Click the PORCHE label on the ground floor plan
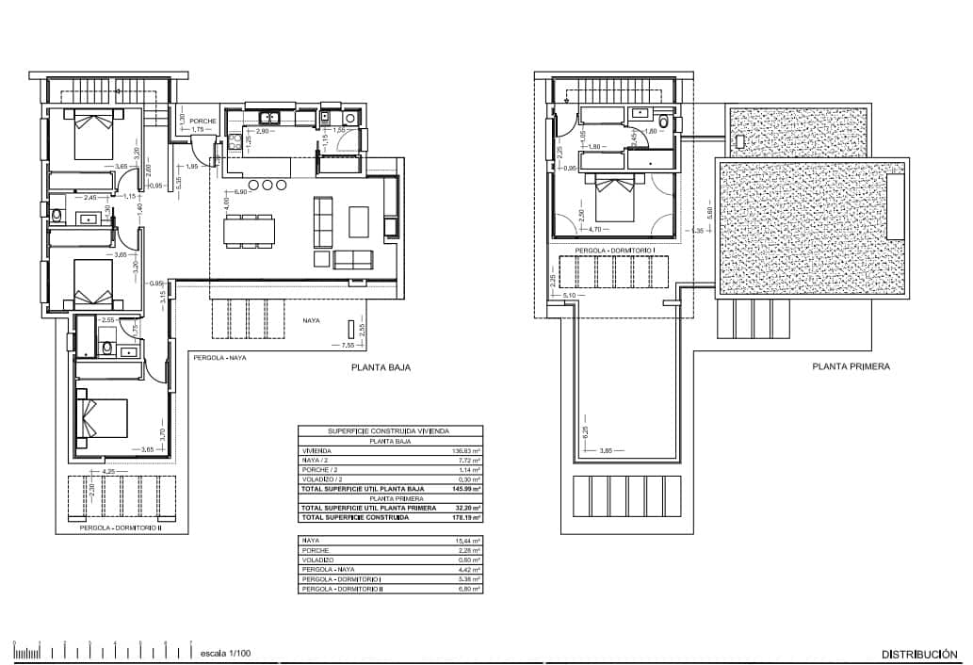tap(203, 122)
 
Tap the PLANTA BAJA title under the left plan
tap(381, 368)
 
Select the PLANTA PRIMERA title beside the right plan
tap(851, 367)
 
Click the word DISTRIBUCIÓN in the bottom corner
tap(919, 654)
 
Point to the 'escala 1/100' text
tap(225, 653)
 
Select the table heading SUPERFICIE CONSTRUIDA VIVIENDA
tap(389, 430)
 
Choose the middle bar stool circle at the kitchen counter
tap(268, 185)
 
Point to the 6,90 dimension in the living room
tap(240, 192)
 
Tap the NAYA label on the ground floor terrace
tap(311, 320)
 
